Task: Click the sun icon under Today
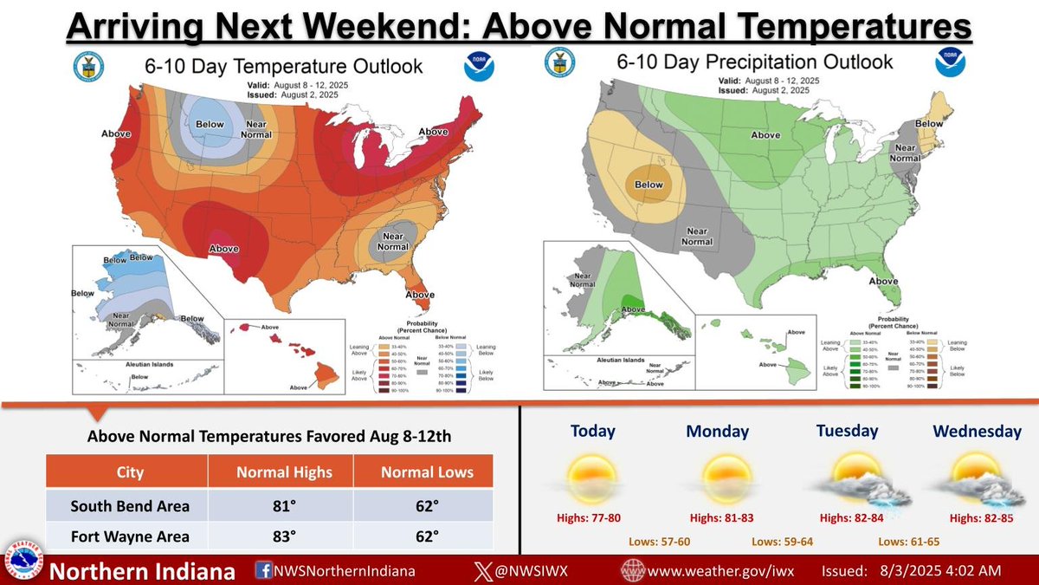[x=592, y=478]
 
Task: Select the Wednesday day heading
[x=977, y=431]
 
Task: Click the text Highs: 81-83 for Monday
[x=722, y=519]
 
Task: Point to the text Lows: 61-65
[x=908, y=542]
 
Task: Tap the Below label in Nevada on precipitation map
[x=649, y=185]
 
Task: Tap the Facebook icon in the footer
[x=263, y=571]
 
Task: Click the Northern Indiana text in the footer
[x=143, y=571]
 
